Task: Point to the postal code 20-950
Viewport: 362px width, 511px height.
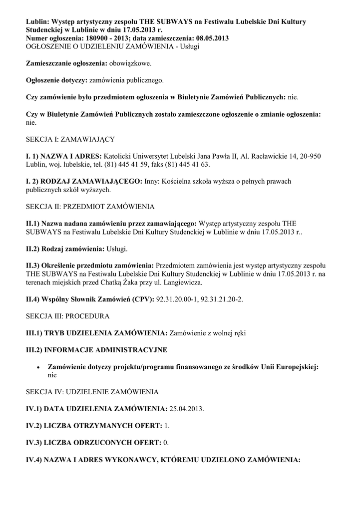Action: click(x=309, y=156)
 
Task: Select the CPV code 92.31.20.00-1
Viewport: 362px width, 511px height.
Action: click(x=180, y=299)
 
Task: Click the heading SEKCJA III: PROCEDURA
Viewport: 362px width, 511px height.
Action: click(x=67, y=316)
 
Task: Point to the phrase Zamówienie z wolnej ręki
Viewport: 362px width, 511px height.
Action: click(x=208, y=333)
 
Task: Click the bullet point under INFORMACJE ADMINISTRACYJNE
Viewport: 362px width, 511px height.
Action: click(x=38, y=367)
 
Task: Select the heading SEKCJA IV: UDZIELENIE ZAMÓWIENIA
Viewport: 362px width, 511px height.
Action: click(x=92, y=392)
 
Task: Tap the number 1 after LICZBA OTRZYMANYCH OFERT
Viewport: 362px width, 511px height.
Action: click(x=166, y=426)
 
